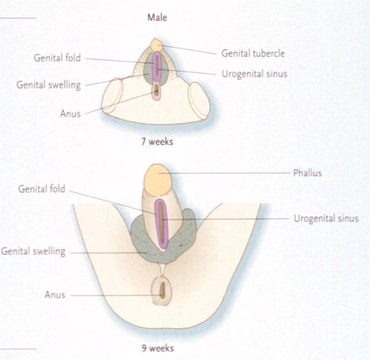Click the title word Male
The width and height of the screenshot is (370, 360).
click(x=157, y=18)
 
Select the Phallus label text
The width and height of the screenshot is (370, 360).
click(x=307, y=173)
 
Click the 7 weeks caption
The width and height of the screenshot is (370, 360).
click(x=157, y=142)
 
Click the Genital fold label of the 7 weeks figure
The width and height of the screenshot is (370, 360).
click(x=57, y=58)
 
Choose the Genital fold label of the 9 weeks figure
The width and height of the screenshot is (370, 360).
click(x=42, y=189)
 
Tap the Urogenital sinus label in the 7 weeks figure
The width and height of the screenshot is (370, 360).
click(x=254, y=74)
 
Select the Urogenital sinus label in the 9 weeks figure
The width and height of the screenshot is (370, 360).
click(x=326, y=218)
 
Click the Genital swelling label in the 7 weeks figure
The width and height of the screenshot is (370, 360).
click(x=49, y=85)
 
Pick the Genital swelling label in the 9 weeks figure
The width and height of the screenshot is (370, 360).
click(x=33, y=251)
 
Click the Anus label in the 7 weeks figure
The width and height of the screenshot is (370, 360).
click(x=71, y=114)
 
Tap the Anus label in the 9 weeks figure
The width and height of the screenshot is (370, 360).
click(x=55, y=295)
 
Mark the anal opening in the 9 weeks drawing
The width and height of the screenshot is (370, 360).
click(x=162, y=290)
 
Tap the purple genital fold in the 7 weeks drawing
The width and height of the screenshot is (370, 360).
click(x=157, y=67)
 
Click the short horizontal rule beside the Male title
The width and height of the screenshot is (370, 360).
click(x=18, y=18)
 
